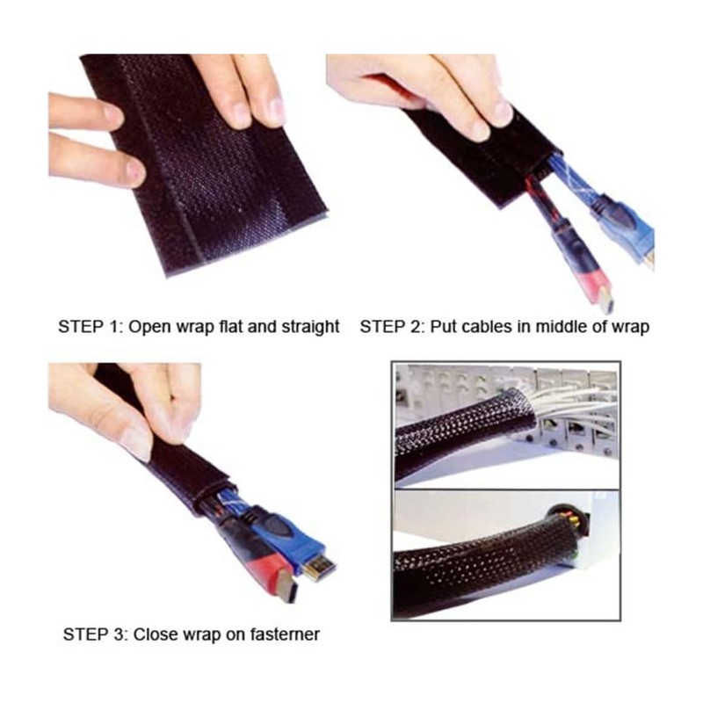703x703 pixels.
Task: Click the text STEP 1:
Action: (x=91, y=327)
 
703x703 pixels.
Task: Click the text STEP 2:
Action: (x=393, y=327)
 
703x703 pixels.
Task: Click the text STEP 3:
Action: (x=96, y=634)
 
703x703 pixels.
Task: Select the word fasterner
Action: (x=282, y=634)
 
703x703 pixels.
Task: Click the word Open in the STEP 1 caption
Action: (x=149, y=327)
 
